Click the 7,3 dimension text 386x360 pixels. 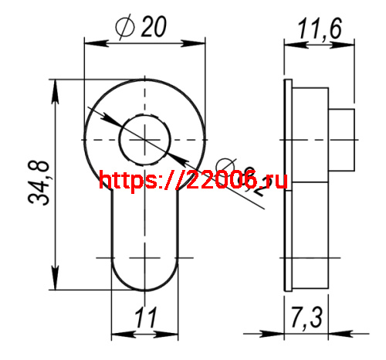308,317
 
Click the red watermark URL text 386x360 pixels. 193,181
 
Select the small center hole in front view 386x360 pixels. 144,138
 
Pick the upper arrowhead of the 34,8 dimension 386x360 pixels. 55,85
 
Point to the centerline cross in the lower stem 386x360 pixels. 145,255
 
